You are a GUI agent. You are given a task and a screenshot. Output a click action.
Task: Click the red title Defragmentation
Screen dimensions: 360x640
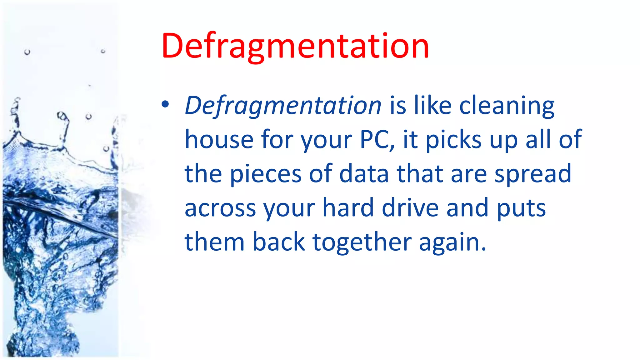pos(295,46)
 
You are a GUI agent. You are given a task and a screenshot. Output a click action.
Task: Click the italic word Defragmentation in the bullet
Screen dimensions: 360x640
pos(283,106)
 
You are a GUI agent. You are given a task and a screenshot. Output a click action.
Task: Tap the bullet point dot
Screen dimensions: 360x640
pos(165,105)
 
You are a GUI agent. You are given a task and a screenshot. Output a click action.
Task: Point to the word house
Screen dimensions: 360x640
pos(219,139)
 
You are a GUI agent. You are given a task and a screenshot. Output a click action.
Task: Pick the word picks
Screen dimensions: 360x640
pos(454,139)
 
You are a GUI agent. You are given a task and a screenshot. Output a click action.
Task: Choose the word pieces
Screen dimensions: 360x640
pos(266,174)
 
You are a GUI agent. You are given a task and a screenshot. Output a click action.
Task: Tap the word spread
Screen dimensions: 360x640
pos(533,174)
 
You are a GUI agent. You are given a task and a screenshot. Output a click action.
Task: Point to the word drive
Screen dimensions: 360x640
pos(410,208)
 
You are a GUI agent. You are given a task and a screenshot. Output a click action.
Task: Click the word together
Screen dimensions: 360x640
pos(362,242)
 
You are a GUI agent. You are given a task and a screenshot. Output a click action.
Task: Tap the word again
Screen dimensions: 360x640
pos(452,242)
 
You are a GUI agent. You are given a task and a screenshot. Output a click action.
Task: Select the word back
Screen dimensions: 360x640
pos(278,242)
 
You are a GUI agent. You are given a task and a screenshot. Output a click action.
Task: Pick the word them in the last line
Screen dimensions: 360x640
pos(215,242)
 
